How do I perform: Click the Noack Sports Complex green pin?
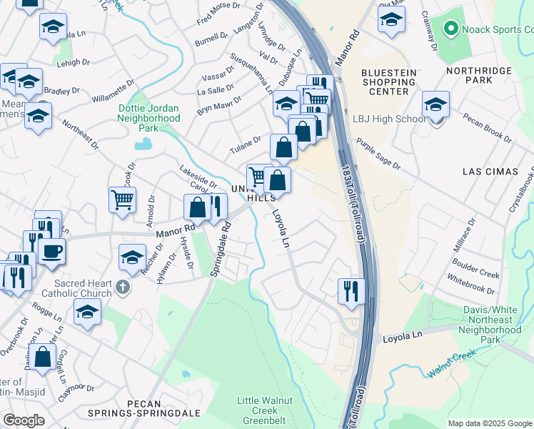450,29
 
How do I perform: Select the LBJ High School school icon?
435,104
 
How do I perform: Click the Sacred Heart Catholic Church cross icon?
123,288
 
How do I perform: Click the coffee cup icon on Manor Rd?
51,251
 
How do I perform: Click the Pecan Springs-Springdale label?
148,408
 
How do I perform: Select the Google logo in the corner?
24,420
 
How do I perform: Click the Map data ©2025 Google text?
490,423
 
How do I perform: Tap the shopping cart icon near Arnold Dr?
122,199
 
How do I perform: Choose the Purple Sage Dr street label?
378,154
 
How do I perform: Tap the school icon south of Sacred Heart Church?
87,312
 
